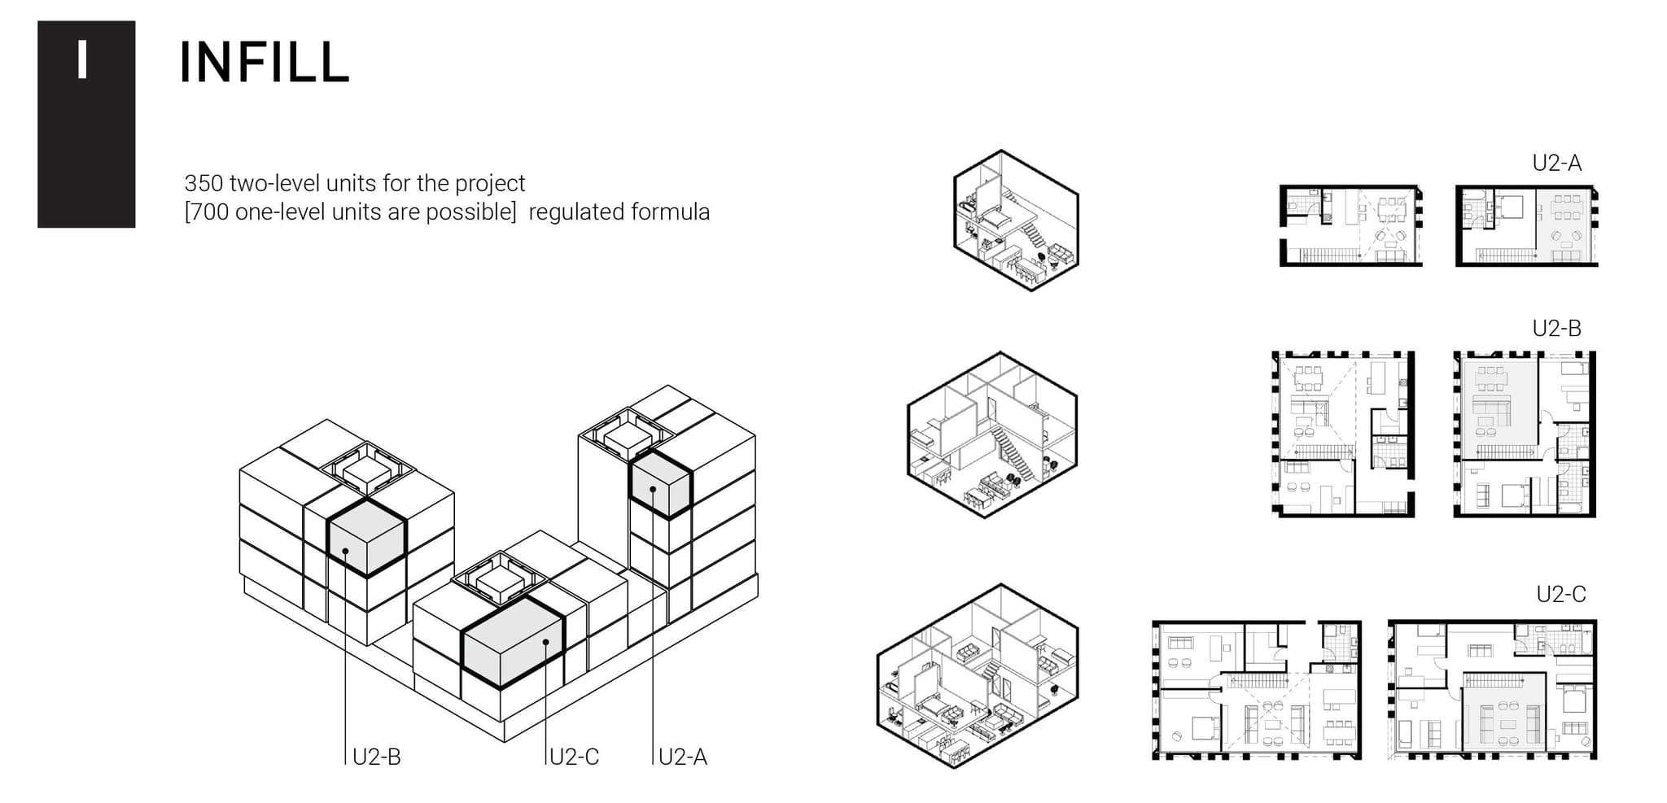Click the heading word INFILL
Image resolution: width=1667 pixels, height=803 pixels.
264,63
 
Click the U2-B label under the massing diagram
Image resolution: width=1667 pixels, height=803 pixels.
376,757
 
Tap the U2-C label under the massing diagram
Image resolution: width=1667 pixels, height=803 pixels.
574,757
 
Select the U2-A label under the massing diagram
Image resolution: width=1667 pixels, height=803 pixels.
682,757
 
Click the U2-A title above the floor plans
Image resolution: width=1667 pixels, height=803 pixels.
1556,164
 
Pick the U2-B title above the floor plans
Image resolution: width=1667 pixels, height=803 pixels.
1556,329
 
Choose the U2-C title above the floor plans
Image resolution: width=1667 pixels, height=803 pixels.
1560,595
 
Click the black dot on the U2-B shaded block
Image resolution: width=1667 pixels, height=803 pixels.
346,551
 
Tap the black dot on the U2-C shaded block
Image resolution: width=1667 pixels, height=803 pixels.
546,642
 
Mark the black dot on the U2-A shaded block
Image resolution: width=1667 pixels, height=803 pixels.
653,489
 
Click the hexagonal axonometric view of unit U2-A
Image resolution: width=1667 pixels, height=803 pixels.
1016,220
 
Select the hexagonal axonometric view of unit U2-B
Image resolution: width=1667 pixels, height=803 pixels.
991,434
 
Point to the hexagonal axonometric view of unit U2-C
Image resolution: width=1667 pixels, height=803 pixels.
977,675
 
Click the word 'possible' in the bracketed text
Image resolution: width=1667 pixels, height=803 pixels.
468,212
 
